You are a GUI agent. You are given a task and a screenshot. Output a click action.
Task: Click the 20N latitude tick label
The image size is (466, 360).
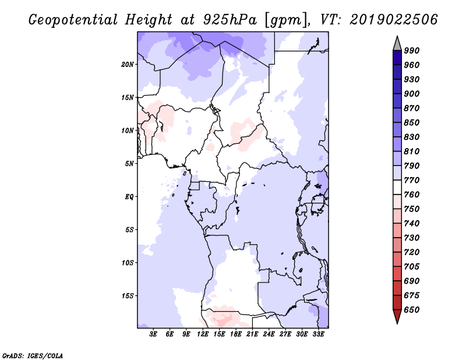(x=128, y=65)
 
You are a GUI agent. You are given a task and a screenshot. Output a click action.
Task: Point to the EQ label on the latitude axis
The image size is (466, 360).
(x=129, y=197)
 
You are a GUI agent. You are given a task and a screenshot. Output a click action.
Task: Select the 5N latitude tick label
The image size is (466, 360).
(x=129, y=164)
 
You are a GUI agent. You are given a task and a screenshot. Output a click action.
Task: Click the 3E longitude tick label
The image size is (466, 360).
(x=153, y=334)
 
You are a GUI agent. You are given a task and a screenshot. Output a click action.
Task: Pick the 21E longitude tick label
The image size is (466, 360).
(x=252, y=334)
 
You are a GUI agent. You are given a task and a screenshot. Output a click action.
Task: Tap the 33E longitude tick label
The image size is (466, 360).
(x=318, y=334)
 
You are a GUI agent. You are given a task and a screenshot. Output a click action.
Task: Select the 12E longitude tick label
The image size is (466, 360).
(x=202, y=334)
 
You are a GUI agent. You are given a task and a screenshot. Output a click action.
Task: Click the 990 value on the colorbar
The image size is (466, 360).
(x=412, y=51)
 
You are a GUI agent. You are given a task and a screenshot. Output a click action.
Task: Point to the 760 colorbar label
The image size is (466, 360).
(x=412, y=195)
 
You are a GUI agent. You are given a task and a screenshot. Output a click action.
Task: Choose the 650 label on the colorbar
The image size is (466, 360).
(x=412, y=310)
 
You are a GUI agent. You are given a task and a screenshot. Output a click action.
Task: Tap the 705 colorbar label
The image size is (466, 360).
(x=412, y=267)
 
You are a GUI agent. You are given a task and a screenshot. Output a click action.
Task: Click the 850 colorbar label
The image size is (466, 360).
(x=412, y=122)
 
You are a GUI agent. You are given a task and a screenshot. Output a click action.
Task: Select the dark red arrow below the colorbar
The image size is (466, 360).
(x=397, y=316)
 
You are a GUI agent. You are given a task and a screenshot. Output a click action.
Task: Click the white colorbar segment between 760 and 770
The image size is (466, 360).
(x=397, y=188)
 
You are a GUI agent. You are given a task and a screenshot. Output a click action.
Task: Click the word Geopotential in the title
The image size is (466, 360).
(x=73, y=20)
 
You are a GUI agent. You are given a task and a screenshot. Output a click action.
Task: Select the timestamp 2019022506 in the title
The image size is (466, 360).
(x=394, y=20)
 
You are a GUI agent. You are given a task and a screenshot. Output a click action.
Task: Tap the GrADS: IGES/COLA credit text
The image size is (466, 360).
(x=33, y=356)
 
